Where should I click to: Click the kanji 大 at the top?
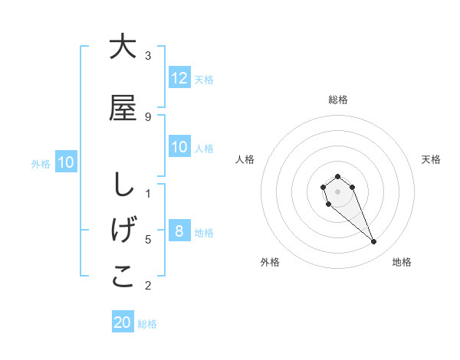pyautogui.click(x=123, y=47)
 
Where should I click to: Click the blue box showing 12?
pyautogui.click(x=179, y=78)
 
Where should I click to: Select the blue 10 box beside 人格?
pyautogui.click(x=179, y=147)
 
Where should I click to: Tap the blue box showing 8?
pyautogui.click(x=179, y=231)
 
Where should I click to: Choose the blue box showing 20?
pyautogui.click(x=123, y=322)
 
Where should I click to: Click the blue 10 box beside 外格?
pyautogui.click(x=66, y=162)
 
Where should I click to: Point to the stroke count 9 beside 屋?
pyautogui.click(x=148, y=116)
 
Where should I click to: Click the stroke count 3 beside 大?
pyautogui.click(x=148, y=55)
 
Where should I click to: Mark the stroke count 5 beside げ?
pyautogui.click(x=148, y=239)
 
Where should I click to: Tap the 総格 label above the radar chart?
pyautogui.click(x=338, y=100)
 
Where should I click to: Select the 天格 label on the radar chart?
pyautogui.click(x=432, y=159)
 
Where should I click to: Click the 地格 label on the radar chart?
pyautogui.click(x=402, y=262)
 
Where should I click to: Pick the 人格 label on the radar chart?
pyautogui.click(x=245, y=159)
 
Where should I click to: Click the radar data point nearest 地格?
pyautogui.click(x=374, y=242)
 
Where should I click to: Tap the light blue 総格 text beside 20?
pyautogui.click(x=147, y=324)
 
